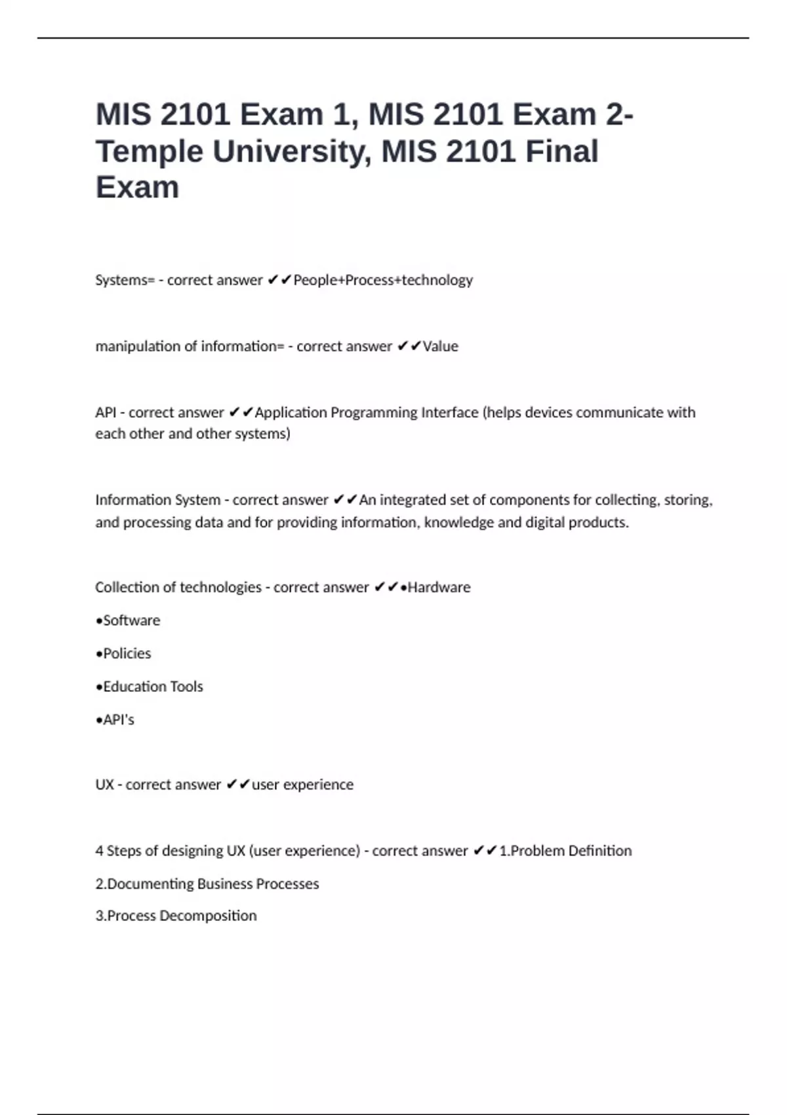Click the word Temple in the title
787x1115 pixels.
coord(150,152)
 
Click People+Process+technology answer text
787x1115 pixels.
coord(383,280)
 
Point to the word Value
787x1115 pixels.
coord(440,346)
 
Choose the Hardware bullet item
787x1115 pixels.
coord(438,587)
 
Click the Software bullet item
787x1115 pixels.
coord(131,620)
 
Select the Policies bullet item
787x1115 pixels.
coord(127,653)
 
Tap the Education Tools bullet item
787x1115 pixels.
coord(152,687)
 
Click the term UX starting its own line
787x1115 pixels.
coord(104,784)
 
